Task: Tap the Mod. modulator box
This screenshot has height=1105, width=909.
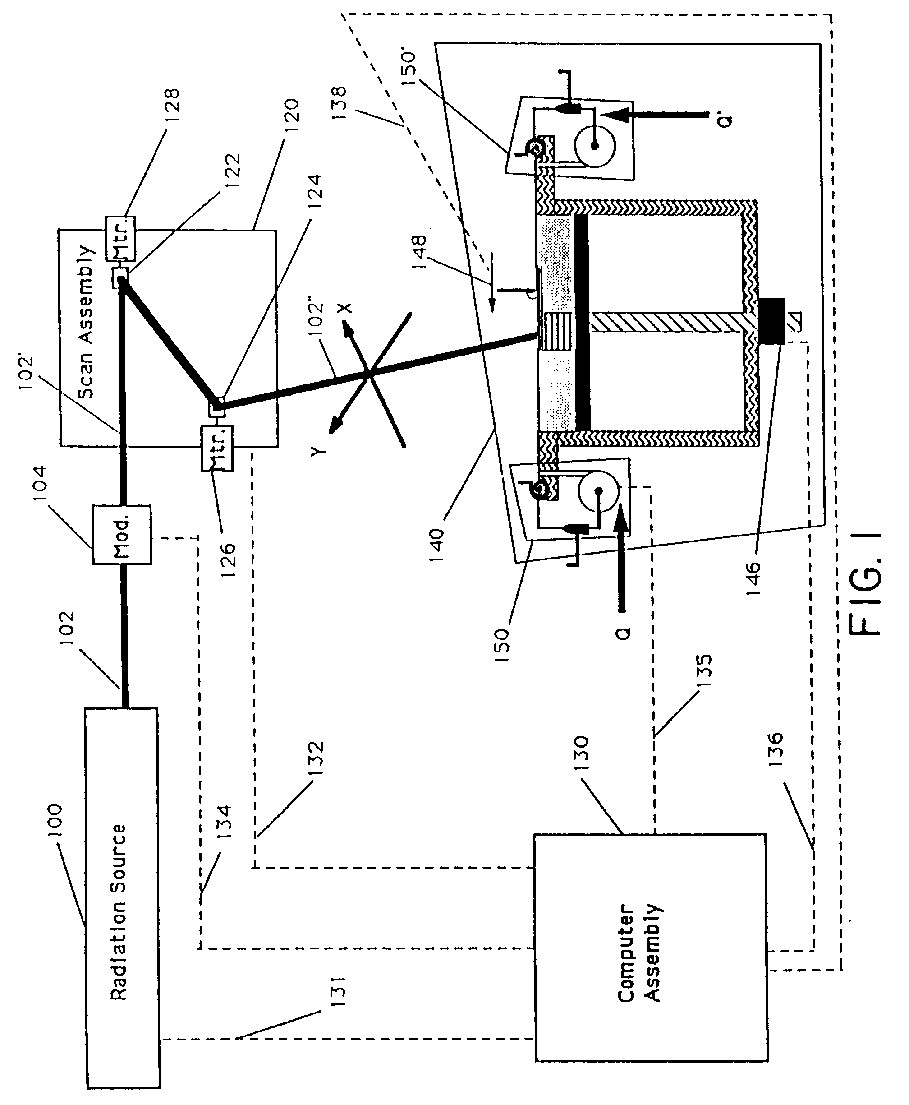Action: [x=121, y=534]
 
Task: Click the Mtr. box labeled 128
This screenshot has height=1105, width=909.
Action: [x=120, y=238]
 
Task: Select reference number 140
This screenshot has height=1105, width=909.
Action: [x=436, y=545]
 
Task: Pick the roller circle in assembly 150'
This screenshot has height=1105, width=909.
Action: [x=595, y=146]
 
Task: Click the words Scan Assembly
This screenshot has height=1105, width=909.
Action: [x=87, y=322]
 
